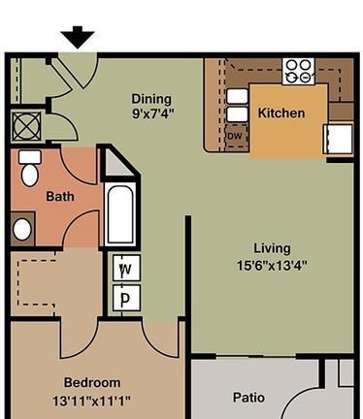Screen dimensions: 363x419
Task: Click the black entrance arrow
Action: pyautogui.click(x=78, y=37)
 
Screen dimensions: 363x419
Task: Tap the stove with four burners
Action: pyautogui.click(x=298, y=71)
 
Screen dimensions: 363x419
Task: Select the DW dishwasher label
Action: pyautogui.click(x=235, y=136)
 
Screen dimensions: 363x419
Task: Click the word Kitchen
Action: pyautogui.click(x=281, y=113)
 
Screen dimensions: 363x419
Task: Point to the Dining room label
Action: pyautogui.click(x=151, y=99)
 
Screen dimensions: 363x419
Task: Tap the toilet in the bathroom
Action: pyautogui.click(x=30, y=168)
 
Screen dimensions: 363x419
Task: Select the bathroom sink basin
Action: pyautogui.click(x=22, y=229)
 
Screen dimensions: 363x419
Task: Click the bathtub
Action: pyautogui.click(x=120, y=214)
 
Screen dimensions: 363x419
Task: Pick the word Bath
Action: pyautogui.click(x=60, y=196)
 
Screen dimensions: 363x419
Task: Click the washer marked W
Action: pyautogui.click(x=126, y=268)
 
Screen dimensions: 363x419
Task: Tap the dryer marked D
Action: pyautogui.click(x=126, y=298)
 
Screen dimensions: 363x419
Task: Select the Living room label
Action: pyautogui.click(x=272, y=248)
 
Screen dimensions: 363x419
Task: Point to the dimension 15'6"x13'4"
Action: pyautogui.click(x=272, y=266)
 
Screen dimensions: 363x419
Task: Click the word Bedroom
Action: pyautogui.click(x=92, y=382)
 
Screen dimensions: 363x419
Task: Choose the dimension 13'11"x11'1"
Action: pyautogui.click(x=91, y=402)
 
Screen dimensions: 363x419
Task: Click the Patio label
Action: pyautogui.click(x=248, y=398)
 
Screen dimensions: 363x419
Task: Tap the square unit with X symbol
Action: pyautogui.click(x=26, y=126)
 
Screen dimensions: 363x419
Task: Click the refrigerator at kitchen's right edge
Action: pyautogui.click(x=338, y=139)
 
